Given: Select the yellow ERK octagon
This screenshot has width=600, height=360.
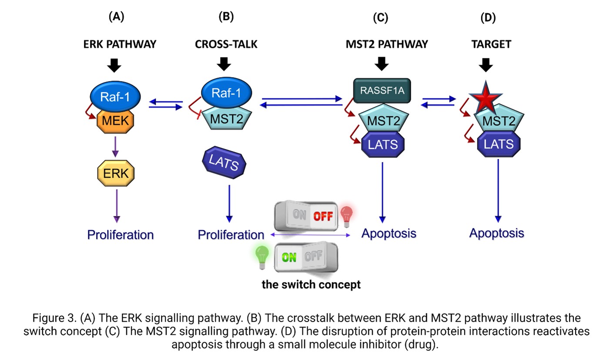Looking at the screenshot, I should pyautogui.click(x=115, y=173).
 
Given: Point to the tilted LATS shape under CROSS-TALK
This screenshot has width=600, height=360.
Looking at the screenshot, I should pyautogui.click(x=224, y=163).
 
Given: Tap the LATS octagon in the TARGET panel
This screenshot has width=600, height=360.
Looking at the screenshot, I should pyautogui.click(x=496, y=144).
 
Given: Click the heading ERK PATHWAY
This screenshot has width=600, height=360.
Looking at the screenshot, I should pyautogui.click(x=120, y=44).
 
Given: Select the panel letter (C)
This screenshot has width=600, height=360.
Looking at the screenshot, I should pyautogui.click(x=380, y=17).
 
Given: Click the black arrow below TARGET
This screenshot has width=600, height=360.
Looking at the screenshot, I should pyautogui.click(x=486, y=65).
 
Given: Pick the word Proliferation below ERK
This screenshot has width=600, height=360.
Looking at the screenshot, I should pyautogui.click(x=121, y=235).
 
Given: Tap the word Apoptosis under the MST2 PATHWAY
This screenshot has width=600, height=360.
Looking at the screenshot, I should pyautogui.click(x=389, y=233).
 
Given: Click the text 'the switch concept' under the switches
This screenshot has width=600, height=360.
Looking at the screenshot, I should pyautogui.click(x=311, y=285).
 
